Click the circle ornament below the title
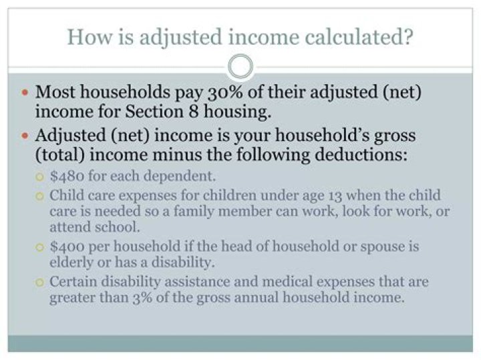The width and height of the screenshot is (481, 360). [240, 67]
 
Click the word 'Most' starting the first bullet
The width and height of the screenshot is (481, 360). [55, 91]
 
